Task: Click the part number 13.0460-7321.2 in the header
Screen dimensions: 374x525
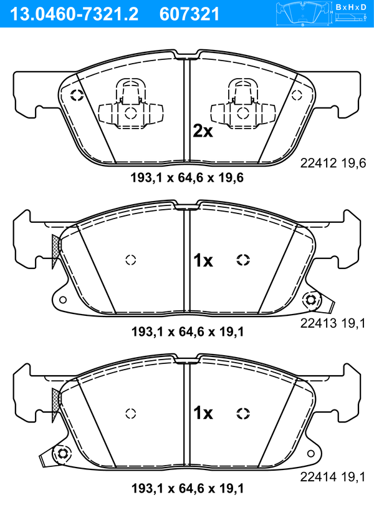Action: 74,14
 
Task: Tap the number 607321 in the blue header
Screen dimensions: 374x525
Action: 189,14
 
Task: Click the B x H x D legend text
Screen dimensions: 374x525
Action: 351,7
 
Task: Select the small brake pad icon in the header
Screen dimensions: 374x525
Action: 303,14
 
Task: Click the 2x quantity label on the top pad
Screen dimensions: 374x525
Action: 203,131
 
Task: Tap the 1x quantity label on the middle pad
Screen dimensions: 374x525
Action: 203,260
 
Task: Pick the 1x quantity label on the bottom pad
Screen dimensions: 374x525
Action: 203,413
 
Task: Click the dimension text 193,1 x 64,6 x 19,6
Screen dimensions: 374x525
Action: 187,178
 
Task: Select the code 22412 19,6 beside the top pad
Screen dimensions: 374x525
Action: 333,164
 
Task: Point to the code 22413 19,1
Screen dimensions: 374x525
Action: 333,323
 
